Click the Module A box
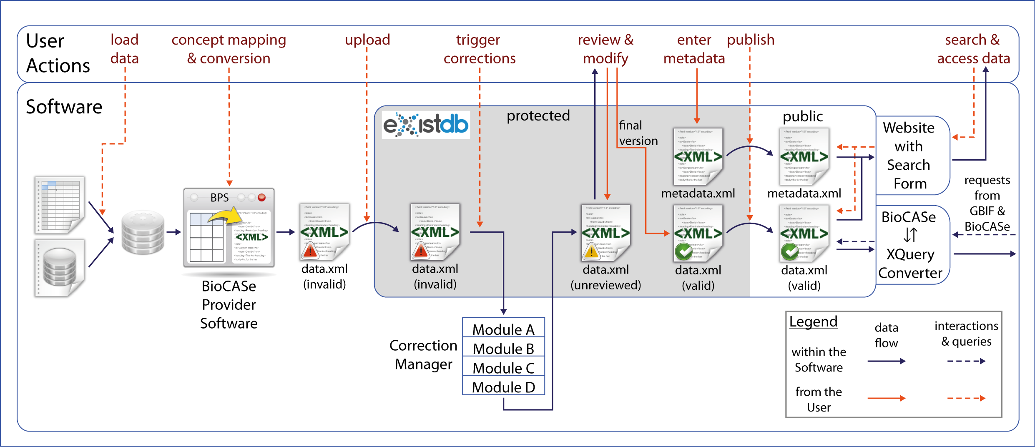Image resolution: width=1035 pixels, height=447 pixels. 503,329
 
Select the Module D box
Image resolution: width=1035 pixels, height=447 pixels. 503,387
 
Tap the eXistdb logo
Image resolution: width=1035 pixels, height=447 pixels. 426,125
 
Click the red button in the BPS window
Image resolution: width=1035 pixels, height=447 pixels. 262,197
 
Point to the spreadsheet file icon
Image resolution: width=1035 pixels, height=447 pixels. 60,204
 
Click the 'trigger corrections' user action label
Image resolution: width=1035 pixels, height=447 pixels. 479,49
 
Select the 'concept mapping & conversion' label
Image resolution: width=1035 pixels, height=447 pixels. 229,49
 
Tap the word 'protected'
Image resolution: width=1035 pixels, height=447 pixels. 538,116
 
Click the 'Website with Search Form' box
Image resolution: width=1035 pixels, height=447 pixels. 909,156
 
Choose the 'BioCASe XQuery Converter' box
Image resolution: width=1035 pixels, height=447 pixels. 910,245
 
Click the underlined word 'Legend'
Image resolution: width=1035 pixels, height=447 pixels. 813,321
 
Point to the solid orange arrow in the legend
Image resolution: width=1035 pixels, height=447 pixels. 886,398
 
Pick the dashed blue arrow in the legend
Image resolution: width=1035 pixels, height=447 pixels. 966,361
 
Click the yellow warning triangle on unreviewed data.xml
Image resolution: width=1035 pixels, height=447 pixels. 591,251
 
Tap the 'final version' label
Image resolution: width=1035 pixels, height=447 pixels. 638,133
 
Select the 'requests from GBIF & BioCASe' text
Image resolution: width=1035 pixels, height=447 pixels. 987,203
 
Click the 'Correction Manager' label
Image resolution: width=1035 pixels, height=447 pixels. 423,354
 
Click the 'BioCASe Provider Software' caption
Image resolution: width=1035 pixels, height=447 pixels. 229,304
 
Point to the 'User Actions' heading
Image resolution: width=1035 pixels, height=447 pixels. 58,53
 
